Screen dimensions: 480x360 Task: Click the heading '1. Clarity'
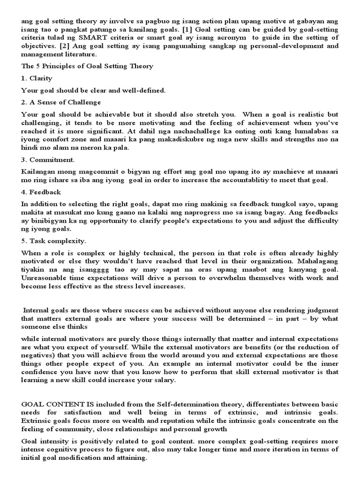[x=37, y=78]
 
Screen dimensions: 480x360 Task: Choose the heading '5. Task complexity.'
[x=53, y=241]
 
